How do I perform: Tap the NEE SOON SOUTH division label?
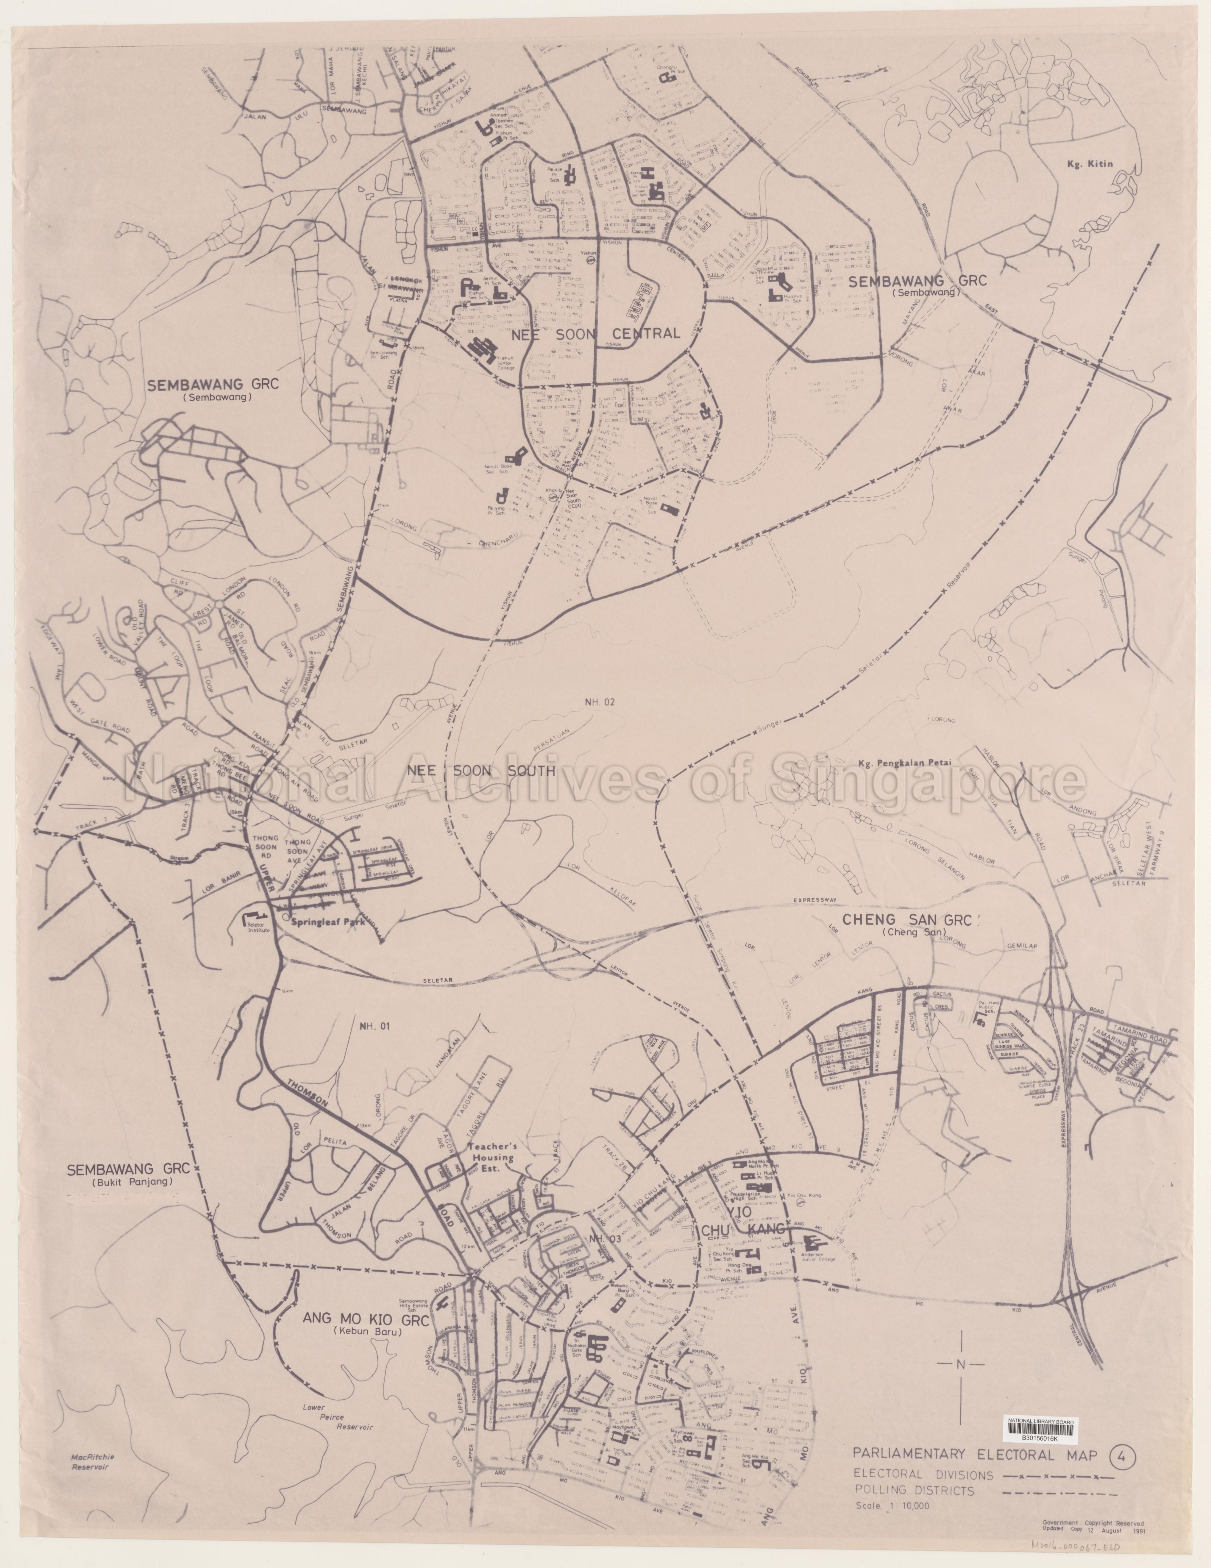click(x=481, y=772)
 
